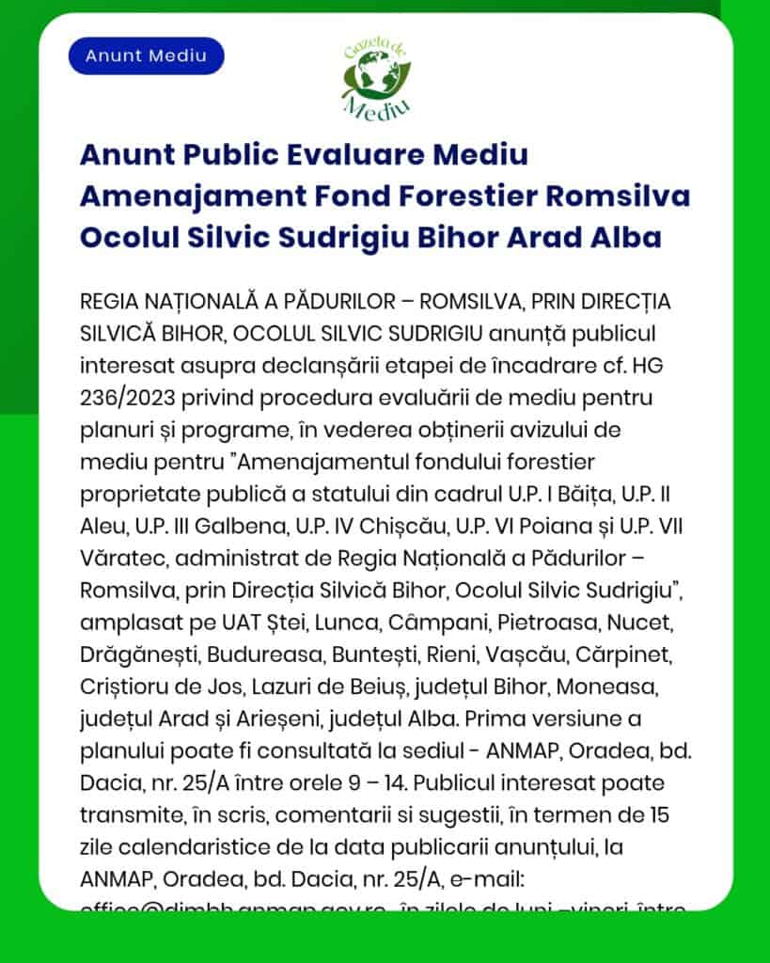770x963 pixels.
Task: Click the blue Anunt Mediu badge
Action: coord(146,55)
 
